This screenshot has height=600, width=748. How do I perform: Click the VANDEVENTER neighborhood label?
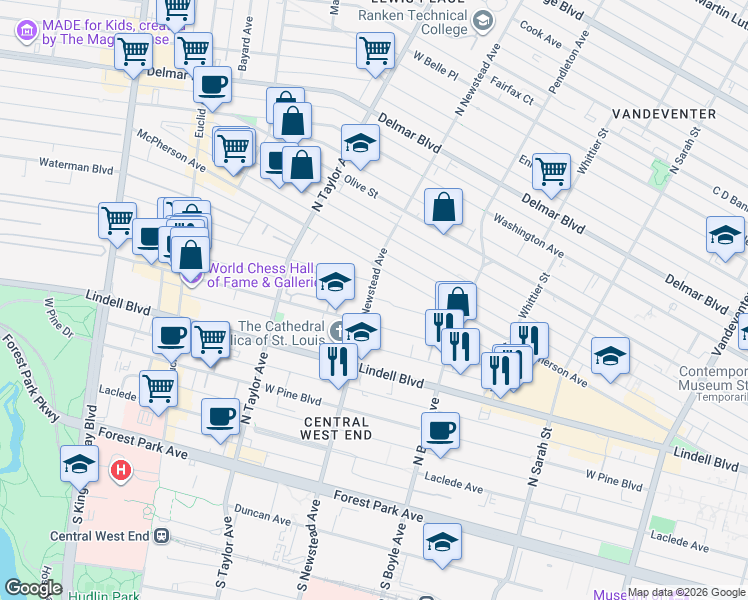click(x=664, y=114)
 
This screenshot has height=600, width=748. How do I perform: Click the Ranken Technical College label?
click(x=417, y=21)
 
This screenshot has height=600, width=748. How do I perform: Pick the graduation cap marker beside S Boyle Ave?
click(x=441, y=541)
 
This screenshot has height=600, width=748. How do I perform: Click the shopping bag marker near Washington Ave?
click(x=443, y=207)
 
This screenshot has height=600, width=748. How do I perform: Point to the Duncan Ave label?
click(x=266, y=516)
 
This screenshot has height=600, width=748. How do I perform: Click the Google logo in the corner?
click(x=32, y=588)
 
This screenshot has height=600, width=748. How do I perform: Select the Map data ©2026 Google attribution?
click(x=686, y=592)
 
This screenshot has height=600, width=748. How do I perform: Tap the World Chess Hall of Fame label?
click(x=262, y=275)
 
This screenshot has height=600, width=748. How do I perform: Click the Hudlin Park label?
click(x=103, y=595)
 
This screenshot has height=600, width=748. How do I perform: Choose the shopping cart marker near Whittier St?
click(x=551, y=172)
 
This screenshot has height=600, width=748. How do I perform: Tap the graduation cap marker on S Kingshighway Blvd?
click(x=79, y=463)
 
